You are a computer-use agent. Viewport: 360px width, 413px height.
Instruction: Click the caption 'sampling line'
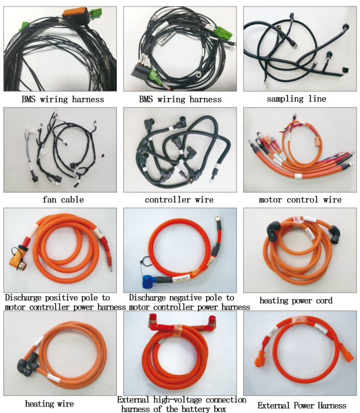[300, 99]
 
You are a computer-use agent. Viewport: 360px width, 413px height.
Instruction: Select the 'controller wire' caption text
[180, 199]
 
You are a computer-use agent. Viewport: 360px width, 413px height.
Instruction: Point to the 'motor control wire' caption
[300, 199]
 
